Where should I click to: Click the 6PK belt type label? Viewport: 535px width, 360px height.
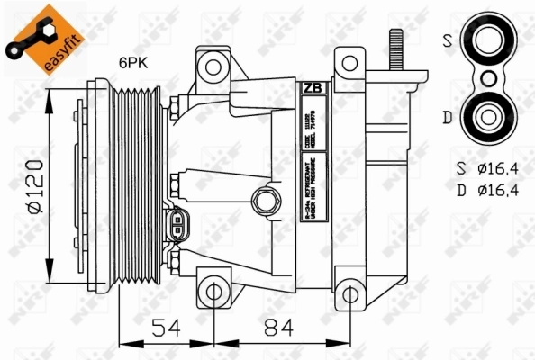coord(136,63)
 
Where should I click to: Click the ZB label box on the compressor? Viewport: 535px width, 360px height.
coord(312,88)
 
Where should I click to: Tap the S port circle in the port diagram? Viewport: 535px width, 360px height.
coord(489,39)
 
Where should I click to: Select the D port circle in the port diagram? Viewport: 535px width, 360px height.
coord(489,116)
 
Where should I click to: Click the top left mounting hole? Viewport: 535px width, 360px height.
coord(213,65)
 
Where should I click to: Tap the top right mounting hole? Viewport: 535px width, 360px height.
coord(349,62)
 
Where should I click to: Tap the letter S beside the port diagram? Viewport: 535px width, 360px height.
coord(448,40)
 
